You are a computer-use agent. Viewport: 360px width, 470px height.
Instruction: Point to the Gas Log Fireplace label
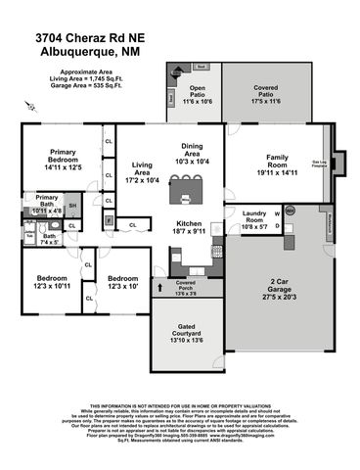[x=319, y=164]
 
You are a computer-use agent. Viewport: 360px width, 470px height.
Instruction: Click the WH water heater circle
[x=290, y=209]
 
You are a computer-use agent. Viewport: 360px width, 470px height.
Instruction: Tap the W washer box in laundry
[x=277, y=212]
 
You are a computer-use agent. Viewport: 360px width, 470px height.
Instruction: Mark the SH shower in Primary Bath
[x=72, y=206]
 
